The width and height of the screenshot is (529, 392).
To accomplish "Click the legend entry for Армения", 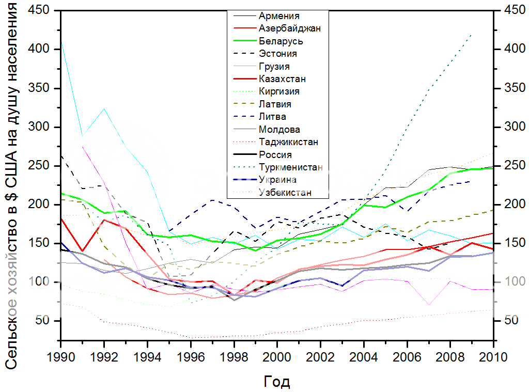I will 279,16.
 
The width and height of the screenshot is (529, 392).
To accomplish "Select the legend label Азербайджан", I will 289,28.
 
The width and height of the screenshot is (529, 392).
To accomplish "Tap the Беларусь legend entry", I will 281,41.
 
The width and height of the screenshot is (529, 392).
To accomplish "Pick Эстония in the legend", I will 277,54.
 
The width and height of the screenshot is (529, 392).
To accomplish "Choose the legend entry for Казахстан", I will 282,79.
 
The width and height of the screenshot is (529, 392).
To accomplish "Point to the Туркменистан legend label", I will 291,167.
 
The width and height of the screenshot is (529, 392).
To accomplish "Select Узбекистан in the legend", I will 286,193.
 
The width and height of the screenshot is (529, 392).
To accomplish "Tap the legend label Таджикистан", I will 288,142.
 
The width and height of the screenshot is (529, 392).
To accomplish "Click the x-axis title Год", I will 277,382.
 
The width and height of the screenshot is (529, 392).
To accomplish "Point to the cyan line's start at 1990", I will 61,43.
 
